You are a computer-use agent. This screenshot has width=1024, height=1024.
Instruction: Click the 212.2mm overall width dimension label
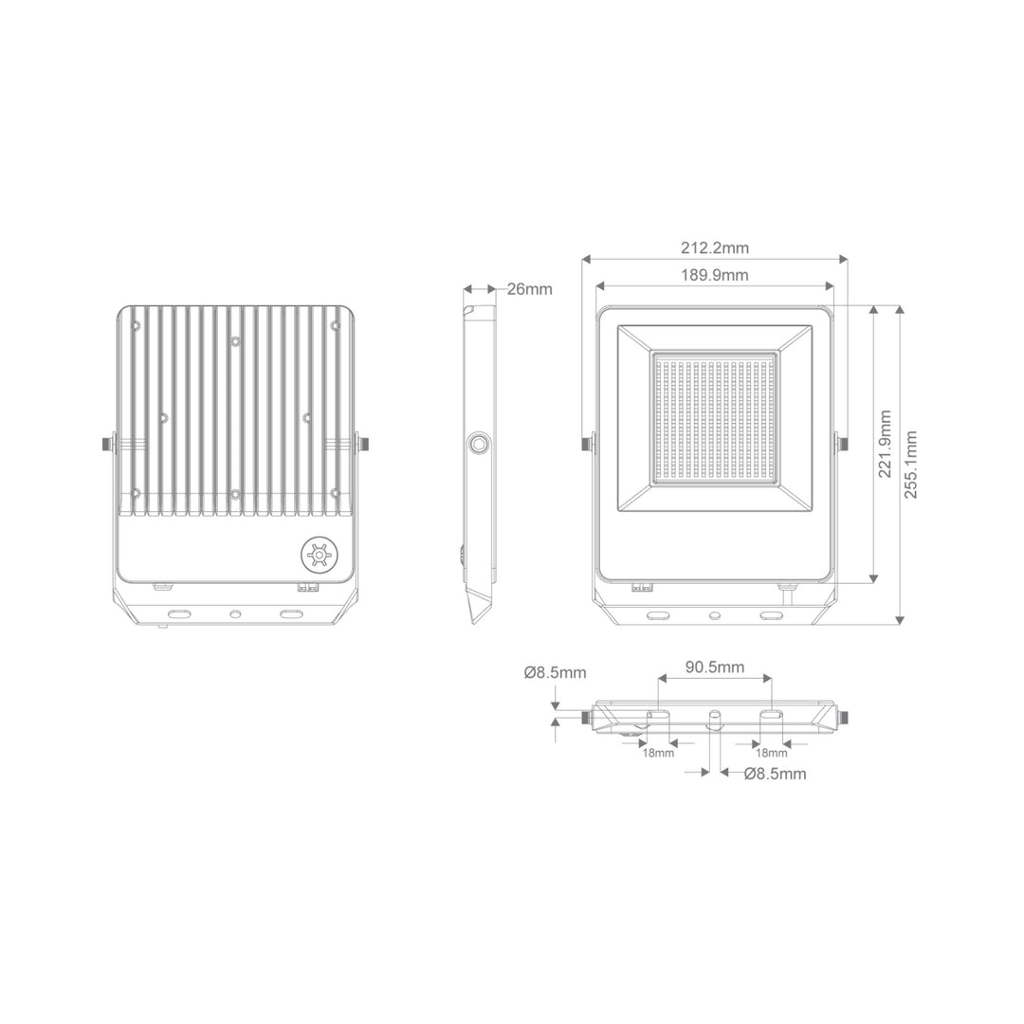[x=715, y=248]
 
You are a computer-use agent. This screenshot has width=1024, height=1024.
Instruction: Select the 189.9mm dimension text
[x=715, y=276]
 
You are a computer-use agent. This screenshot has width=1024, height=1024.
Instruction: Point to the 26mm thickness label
[x=529, y=289]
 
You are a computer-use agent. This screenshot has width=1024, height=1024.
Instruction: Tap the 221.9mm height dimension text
[x=886, y=444]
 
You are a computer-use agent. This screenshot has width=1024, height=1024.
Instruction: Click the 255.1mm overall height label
[x=912, y=466]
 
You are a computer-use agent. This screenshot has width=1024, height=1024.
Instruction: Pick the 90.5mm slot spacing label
[x=715, y=668]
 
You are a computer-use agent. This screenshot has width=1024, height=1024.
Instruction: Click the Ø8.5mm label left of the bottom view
[x=555, y=673]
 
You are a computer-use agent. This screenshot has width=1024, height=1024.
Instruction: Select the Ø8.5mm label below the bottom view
[x=775, y=774]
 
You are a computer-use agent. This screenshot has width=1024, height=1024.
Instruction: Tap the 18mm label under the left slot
[x=658, y=753]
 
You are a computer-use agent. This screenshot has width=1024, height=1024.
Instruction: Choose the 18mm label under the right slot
[x=770, y=753]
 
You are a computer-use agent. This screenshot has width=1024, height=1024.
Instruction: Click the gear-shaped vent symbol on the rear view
[x=317, y=555]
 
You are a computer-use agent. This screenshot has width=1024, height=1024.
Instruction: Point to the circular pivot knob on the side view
[x=480, y=443]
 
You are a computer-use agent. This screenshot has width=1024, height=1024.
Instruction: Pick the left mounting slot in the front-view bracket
[x=655, y=616]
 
